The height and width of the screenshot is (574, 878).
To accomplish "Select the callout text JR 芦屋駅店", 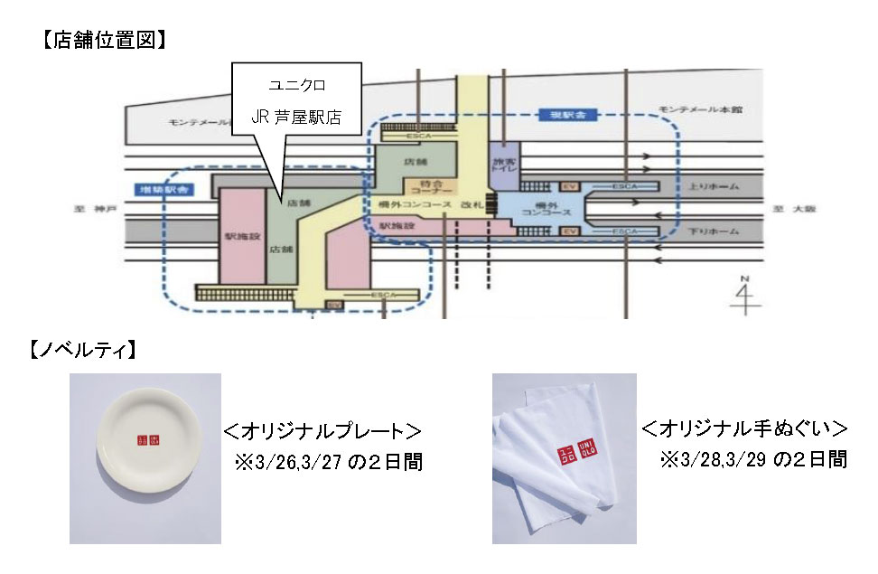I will click(296, 118).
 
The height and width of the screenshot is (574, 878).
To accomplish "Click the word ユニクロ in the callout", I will click(296, 85).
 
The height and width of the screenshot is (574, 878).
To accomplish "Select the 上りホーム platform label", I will click(713, 186).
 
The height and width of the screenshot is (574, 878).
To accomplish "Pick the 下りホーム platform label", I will click(713, 232).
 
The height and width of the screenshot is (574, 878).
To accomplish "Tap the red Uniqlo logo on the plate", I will click(147, 440).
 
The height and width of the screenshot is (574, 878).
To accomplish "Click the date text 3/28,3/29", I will click(720, 459).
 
